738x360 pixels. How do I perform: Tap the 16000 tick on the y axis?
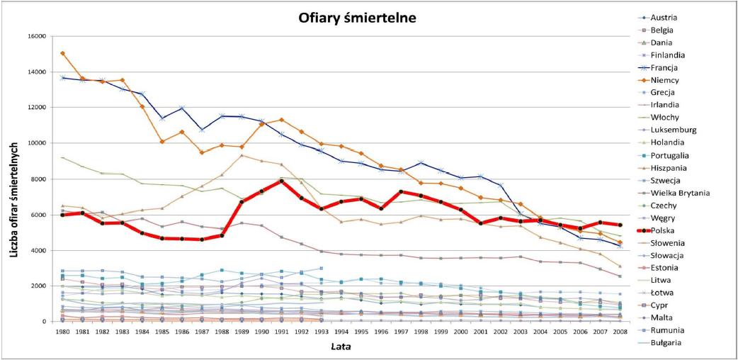pos(36,36)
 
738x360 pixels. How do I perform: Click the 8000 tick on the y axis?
pos(38,179)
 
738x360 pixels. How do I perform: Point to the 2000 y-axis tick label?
pos(38,286)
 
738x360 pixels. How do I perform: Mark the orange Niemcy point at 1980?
pos(63,53)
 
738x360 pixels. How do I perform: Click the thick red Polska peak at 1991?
pos(281,181)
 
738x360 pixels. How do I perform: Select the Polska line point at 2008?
pos(620,225)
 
